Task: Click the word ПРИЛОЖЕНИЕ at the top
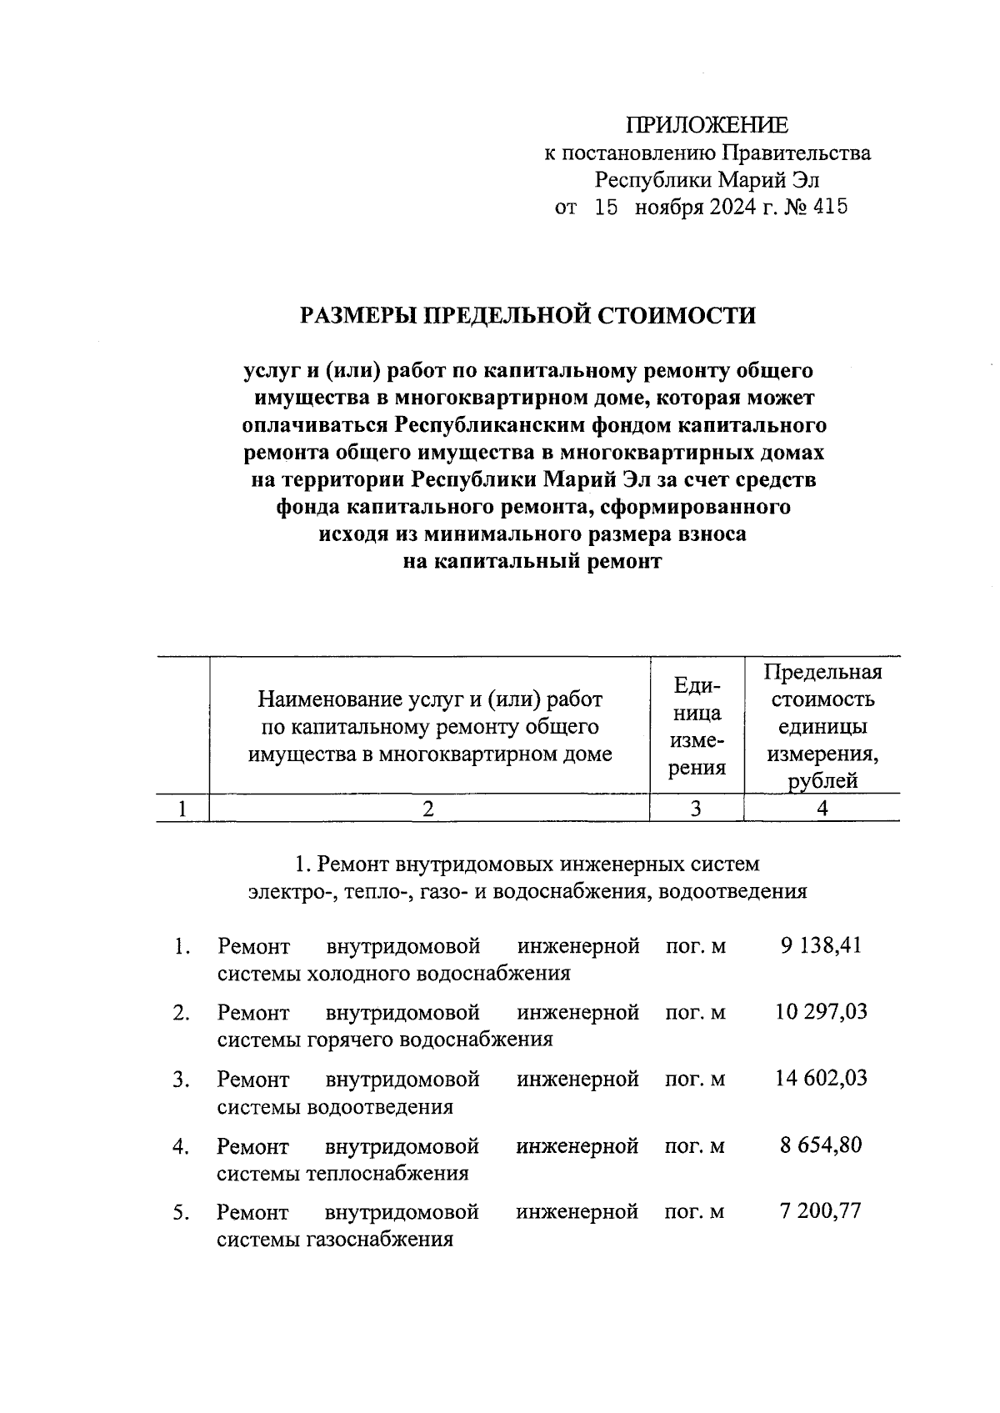(x=707, y=126)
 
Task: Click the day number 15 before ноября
(x=606, y=207)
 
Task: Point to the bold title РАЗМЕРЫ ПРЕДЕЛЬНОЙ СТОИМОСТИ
(x=528, y=316)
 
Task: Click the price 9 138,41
(x=820, y=945)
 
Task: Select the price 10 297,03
(x=820, y=1012)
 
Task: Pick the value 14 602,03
(x=820, y=1079)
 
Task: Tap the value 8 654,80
(x=820, y=1145)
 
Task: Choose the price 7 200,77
(x=820, y=1211)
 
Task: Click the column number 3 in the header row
(x=696, y=808)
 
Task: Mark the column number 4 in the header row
(x=822, y=808)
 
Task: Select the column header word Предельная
(x=822, y=672)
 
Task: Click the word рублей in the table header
(x=822, y=781)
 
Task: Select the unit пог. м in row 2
(x=695, y=1013)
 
